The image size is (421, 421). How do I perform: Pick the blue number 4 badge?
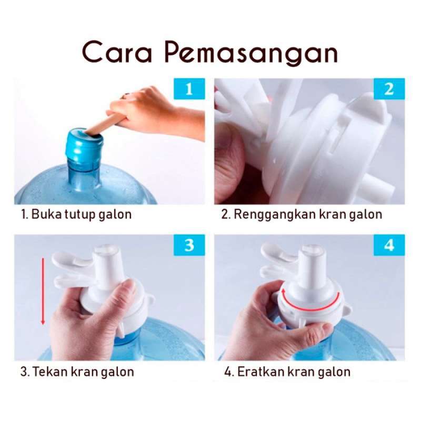point(389,245)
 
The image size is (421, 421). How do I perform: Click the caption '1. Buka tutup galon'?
point(76,215)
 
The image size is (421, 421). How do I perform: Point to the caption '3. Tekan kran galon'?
point(77,372)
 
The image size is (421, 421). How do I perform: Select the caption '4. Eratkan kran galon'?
point(287,372)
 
